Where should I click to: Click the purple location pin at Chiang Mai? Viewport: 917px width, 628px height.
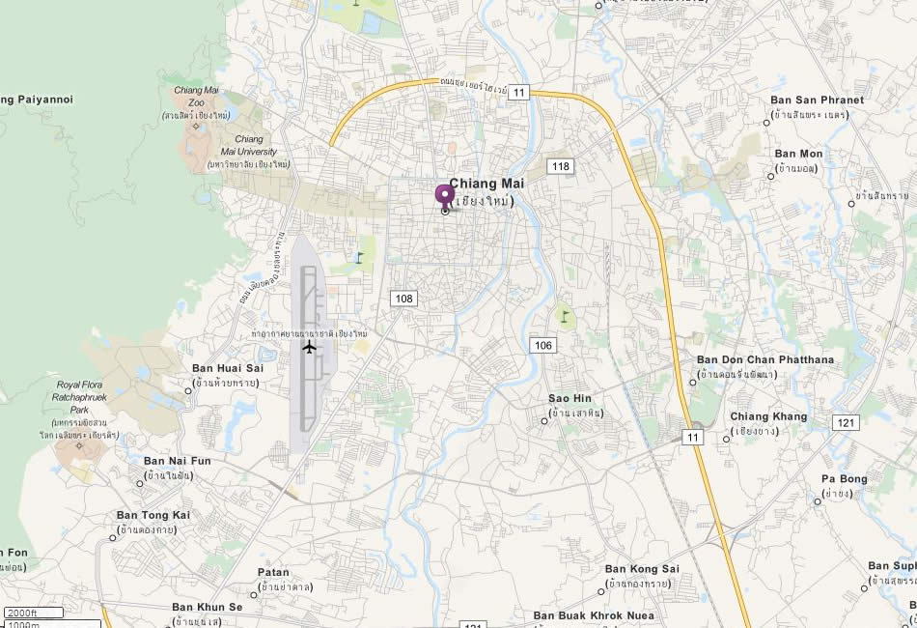(444, 195)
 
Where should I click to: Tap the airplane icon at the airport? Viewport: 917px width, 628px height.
(309, 347)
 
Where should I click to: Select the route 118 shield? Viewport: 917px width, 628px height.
(560, 166)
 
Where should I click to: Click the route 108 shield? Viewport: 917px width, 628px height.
(403, 299)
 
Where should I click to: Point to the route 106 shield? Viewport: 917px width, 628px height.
(542, 345)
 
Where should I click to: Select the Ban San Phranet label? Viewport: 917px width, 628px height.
(817, 100)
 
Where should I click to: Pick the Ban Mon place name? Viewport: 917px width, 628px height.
(798, 154)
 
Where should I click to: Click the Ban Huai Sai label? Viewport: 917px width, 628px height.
(228, 368)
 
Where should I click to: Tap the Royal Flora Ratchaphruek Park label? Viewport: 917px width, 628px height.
(86, 397)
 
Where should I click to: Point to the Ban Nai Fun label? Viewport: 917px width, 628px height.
(177, 461)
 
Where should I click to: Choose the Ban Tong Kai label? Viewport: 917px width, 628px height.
(153, 515)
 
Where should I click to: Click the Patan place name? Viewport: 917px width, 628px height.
(273, 572)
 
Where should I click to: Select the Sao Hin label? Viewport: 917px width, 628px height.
(570, 398)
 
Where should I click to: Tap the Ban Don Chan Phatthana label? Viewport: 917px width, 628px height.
(764, 359)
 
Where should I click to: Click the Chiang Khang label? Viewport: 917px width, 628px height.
(768, 416)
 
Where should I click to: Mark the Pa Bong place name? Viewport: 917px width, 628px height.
(844, 478)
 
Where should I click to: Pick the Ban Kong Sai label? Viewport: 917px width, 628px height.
(642, 569)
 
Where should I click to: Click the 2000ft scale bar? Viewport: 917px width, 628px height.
(34, 613)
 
